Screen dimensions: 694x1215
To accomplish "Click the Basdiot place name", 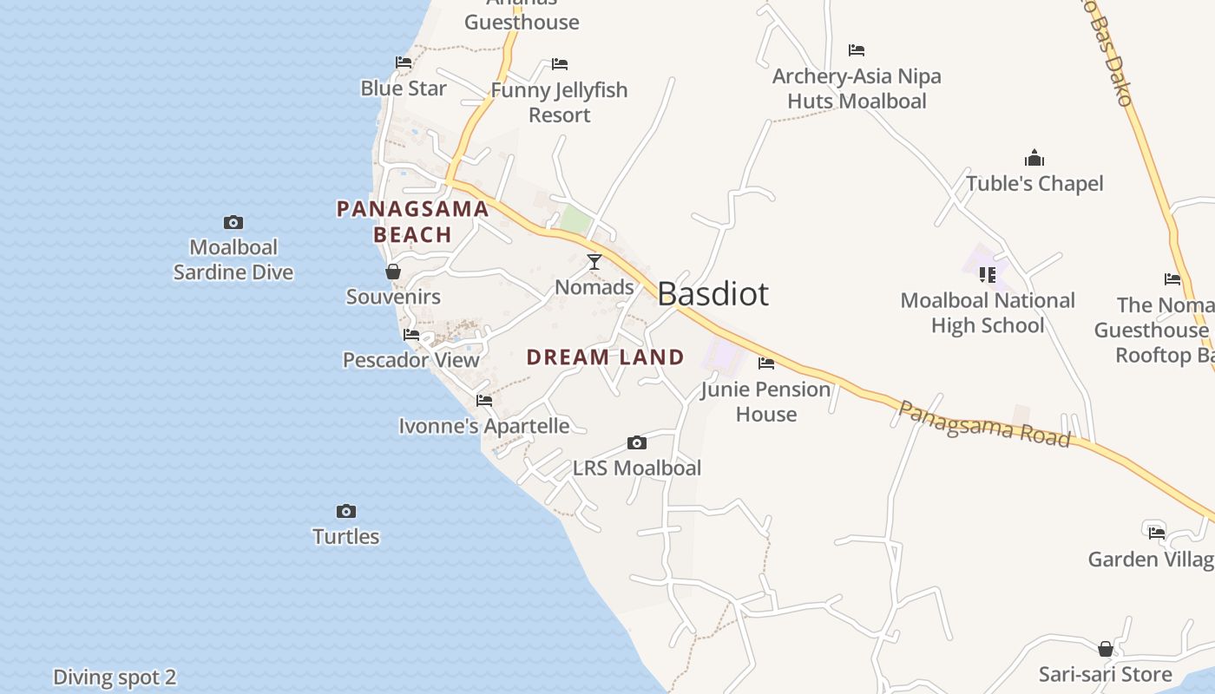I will pyautogui.click(x=713, y=294).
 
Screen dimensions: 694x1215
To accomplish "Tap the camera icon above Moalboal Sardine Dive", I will pyautogui.click(x=233, y=223).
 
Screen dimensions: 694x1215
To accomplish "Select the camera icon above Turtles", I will pyautogui.click(x=346, y=512).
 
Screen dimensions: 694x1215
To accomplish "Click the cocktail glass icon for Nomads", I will pyautogui.click(x=594, y=262).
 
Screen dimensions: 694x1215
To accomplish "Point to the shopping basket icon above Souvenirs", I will pyautogui.click(x=393, y=272).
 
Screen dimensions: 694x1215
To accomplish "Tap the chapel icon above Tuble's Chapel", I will pyautogui.click(x=1034, y=159).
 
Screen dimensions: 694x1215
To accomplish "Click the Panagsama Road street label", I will pyautogui.click(x=983, y=423).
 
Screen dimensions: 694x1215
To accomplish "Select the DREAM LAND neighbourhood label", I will pyautogui.click(x=605, y=357).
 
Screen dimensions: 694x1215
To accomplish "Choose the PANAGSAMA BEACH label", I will pyautogui.click(x=412, y=221).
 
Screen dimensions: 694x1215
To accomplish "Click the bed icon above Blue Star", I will pyautogui.click(x=404, y=62).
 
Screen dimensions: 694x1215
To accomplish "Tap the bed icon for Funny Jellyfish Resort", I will pyautogui.click(x=560, y=64).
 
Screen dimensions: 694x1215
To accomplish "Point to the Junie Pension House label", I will pyautogui.click(x=765, y=402).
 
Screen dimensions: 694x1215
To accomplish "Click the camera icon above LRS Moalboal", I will pyautogui.click(x=637, y=443).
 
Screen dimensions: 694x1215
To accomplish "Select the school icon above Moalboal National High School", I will pyautogui.click(x=988, y=275).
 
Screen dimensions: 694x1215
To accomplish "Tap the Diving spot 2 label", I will pyautogui.click(x=115, y=678).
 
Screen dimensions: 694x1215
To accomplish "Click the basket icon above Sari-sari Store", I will pyautogui.click(x=1106, y=649).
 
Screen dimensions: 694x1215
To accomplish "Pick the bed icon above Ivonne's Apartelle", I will pyautogui.click(x=484, y=401).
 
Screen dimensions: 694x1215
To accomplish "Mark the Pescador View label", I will pyautogui.click(x=411, y=360).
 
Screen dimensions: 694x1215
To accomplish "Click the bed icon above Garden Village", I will pyautogui.click(x=1156, y=533).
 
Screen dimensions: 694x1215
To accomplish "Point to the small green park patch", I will pyautogui.click(x=575, y=219).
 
